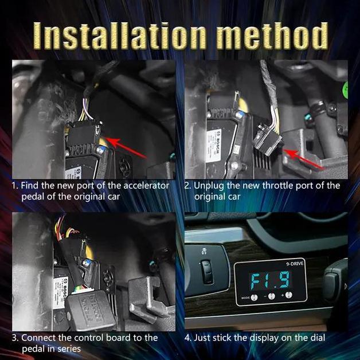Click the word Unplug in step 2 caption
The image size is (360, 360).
tap(209, 186)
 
